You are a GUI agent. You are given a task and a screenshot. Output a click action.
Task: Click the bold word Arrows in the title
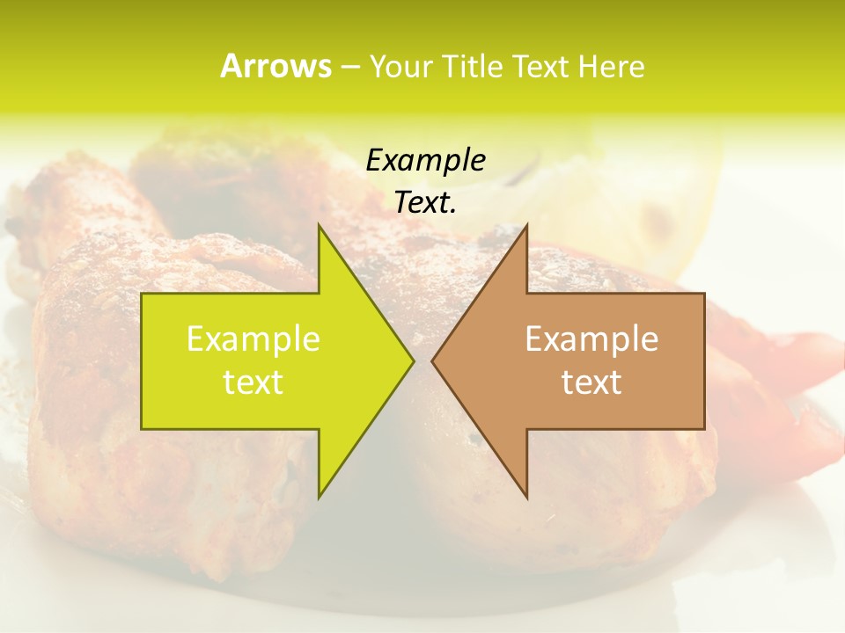coord(276,66)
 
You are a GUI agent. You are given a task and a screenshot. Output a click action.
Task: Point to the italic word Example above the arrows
coord(425,160)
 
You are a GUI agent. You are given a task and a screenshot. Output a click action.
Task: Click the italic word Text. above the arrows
coord(425,203)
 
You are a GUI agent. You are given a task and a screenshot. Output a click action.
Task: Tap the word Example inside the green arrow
coord(253,338)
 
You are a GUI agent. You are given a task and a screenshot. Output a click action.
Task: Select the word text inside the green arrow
coord(253,382)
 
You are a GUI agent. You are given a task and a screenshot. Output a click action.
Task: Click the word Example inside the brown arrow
coord(591,338)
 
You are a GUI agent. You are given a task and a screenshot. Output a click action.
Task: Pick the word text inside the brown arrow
coord(591,382)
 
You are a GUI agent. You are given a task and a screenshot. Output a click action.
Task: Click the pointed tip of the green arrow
coord(412,360)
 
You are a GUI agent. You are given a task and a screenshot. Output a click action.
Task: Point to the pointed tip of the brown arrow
coord(434,360)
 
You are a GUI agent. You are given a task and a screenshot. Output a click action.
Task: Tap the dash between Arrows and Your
coord(349,67)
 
